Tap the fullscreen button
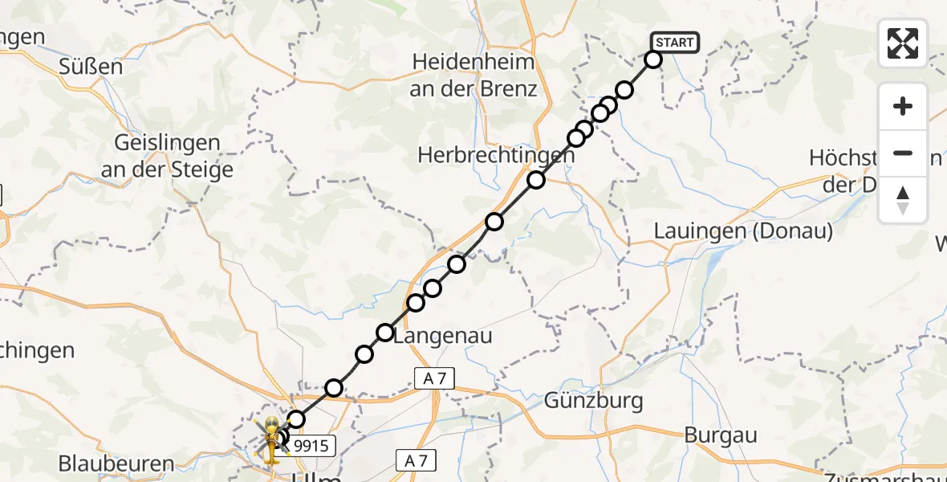(903, 43)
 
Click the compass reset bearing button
(903, 200)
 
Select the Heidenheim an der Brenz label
(473, 75)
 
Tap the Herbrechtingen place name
(495, 156)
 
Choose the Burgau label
(721, 435)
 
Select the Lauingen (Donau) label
(743, 231)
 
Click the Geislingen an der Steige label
(168, 157)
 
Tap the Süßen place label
(91, 67)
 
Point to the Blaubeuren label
(116, 464)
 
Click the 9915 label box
(310, 446)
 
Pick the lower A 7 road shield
(417, 460)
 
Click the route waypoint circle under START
(653, 59)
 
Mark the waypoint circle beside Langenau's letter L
(385, 333)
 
